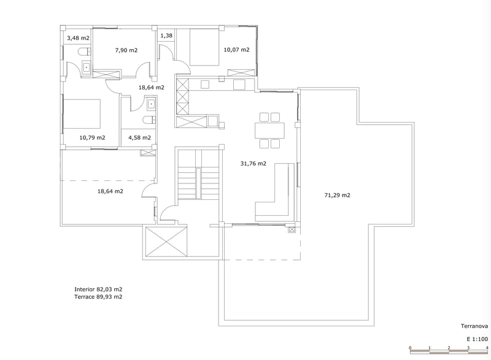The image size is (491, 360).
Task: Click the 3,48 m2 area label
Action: coord(77,38)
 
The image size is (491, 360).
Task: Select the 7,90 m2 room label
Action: coord(126,50)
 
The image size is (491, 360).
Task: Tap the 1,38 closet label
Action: coord(166,36)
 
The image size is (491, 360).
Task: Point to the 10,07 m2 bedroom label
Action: coord(236,50)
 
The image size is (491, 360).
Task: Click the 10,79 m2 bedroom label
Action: coord(93,137)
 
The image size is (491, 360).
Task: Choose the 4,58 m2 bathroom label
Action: coord(139,137)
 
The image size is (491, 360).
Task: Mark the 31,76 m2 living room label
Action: coord(253,163)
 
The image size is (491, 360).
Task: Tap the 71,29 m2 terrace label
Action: coord(337,195)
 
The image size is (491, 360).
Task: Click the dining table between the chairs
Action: coord(270,130)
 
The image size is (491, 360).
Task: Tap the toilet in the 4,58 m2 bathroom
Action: coord(148,120)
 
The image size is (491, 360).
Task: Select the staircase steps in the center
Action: coord(199,183)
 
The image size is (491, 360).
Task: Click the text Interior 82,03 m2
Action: coord(98,289)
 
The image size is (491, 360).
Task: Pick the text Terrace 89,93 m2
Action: coord(98,297)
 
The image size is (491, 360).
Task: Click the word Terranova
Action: coord(474,326)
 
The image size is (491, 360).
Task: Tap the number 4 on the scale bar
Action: coord(487,348)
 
